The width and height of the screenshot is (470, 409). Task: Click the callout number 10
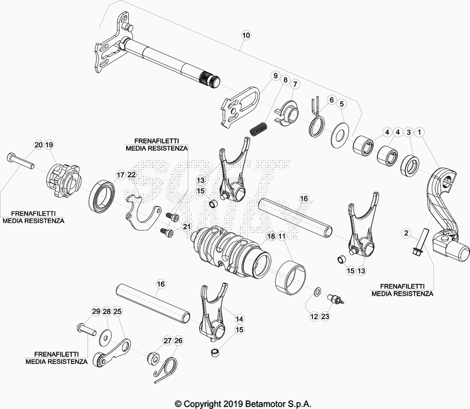coord(246,35)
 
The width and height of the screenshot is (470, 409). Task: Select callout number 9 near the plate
coord(274,76)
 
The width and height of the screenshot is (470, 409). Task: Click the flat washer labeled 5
coord(341,132)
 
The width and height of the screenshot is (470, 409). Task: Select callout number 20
coord(38,144)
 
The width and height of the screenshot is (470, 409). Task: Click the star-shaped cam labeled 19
coord(62,177)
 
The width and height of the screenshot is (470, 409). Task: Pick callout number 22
coord(132,175)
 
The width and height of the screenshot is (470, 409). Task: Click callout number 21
coord(187,227)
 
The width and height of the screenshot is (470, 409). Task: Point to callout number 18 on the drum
coord(271,236)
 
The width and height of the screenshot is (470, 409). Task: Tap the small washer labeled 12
coord(317,292)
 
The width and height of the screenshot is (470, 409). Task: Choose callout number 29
coord(96,311)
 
